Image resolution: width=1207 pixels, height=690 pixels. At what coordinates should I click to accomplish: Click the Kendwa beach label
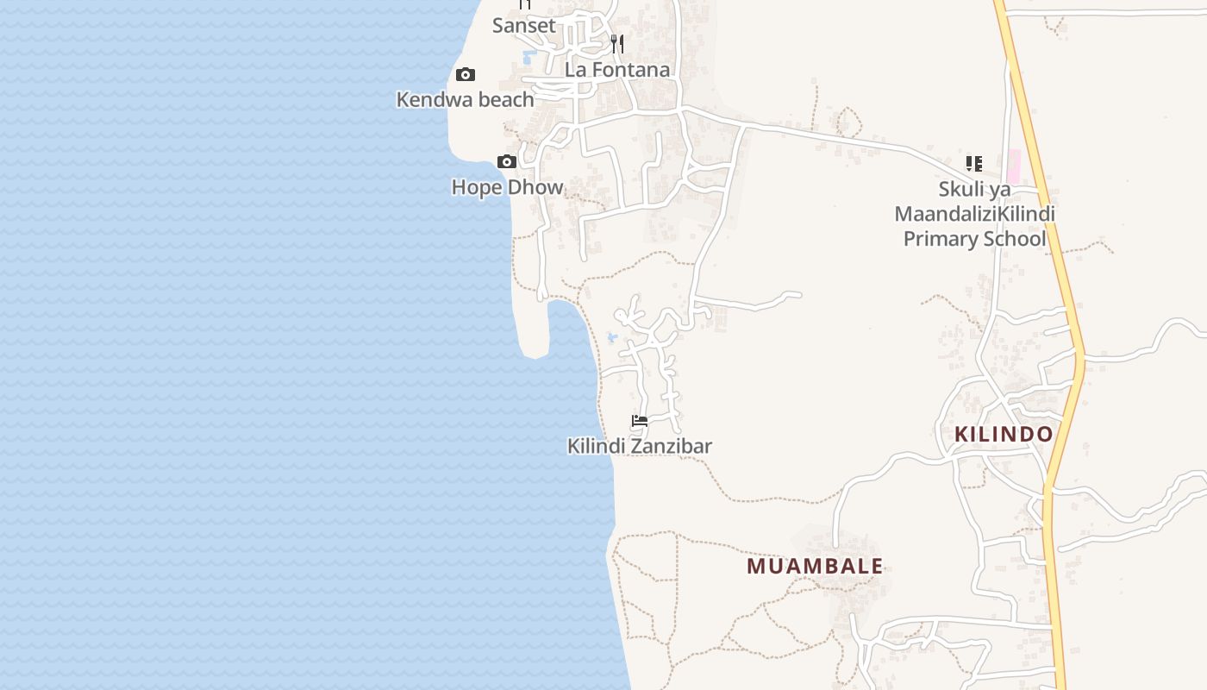(465, 99)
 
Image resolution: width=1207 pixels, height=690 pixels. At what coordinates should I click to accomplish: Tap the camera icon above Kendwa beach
(466, 75)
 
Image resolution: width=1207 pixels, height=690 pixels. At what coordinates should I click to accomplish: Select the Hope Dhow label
(507, 187)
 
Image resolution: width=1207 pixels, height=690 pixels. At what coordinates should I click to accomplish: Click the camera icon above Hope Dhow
(507, 162)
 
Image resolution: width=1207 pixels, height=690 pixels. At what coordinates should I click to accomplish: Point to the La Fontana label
(617, 70)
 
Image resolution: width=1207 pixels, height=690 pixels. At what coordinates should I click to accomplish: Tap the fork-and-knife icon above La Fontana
(617, 43)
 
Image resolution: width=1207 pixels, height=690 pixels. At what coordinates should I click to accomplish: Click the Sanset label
(524, 26)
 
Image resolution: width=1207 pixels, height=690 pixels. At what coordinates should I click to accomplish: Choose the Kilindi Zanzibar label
(639, 446)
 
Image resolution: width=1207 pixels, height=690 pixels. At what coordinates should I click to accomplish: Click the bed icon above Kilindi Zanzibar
(640, 421)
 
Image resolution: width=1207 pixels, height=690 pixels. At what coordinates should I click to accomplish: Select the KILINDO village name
(1004, 434)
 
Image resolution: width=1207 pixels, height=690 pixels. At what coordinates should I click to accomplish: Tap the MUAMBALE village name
(815, 566)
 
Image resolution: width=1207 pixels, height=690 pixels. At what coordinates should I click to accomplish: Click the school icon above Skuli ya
(974, 163)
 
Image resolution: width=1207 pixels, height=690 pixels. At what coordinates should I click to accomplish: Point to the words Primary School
(974, 239)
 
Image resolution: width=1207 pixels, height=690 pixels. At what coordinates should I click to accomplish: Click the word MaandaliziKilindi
(974, 214)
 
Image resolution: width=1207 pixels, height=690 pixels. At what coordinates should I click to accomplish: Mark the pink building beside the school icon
(1013, 165)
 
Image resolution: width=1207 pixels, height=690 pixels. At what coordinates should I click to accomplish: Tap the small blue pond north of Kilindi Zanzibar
(612, 337)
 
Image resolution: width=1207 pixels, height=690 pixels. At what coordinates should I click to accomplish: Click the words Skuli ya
(974, 189)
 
